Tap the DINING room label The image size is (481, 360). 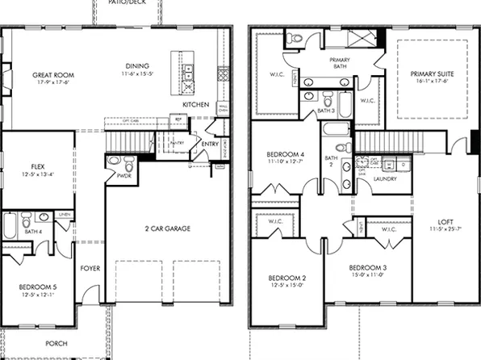click(x=137, y=66)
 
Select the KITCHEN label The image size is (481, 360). click(x=195, y=105)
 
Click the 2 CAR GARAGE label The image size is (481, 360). click(x=163, y=228)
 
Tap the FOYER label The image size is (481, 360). click(x=90, y=268)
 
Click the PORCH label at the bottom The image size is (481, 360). click(x=56, y=343)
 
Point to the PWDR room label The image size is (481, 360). click(x=124, y=174)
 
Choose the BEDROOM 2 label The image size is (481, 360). click(x=286, y=278)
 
